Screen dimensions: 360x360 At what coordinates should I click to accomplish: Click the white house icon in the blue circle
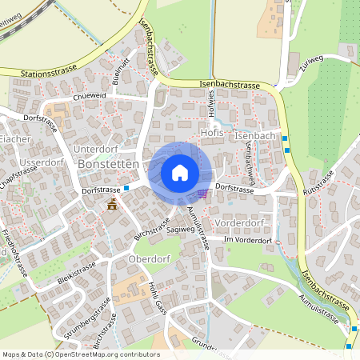(x=180, y=173)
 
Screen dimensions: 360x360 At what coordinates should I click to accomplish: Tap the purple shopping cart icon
(x=203, y=193)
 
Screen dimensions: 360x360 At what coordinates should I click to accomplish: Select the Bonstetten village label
(x=110, y=164)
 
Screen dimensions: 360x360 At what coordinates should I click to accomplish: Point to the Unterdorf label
(x=95, y=149)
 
